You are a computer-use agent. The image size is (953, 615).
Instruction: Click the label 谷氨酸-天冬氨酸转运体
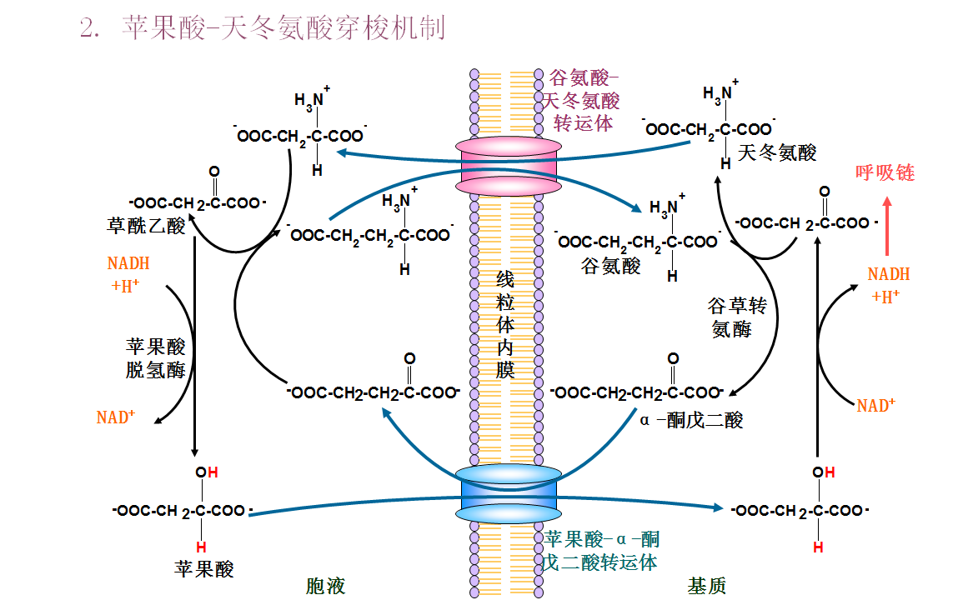tap(583, 101)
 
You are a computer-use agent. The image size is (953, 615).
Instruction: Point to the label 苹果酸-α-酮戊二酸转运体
tap(601, 551)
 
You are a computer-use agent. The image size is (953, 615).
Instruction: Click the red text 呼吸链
tap(885, 172)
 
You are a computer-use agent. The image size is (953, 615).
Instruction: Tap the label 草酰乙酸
tap(147, 226)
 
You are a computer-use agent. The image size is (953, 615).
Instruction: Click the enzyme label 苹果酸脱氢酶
tap(156, 357)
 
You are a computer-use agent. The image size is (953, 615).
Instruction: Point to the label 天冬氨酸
tap(777, 152)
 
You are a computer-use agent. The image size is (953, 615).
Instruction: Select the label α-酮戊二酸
tap(691, 420)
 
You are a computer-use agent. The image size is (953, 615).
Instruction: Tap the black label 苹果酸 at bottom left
tap(204, 569)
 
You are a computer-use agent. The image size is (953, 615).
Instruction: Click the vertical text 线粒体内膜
tap(505, 325)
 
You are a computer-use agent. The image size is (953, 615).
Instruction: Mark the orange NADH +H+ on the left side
tap(129, 274)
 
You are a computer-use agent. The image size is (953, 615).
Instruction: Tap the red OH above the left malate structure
tap(207, 472)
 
